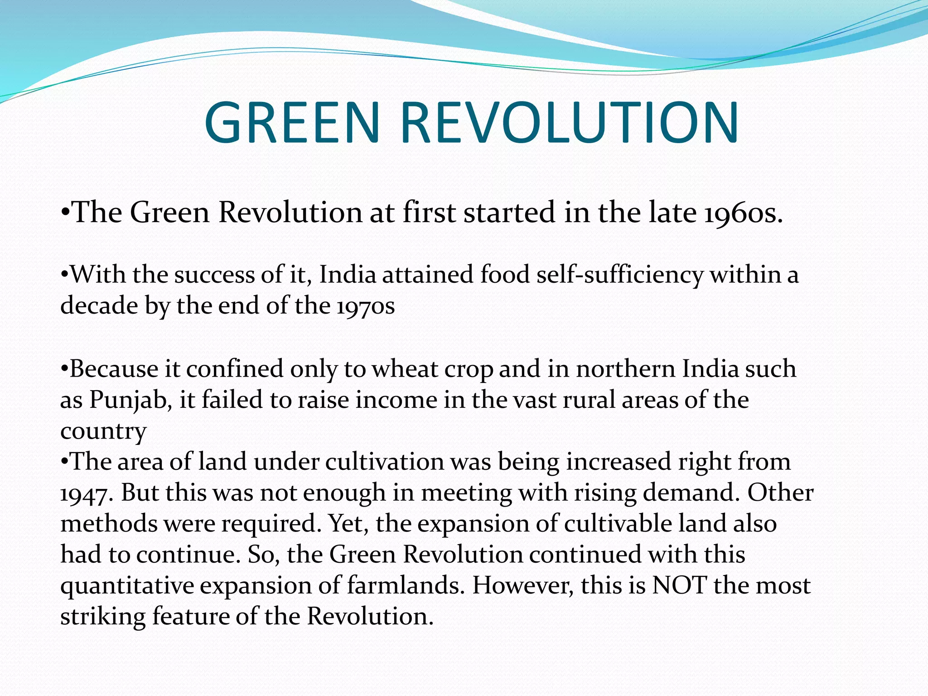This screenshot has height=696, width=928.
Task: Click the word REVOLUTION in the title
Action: (x=570, y=123)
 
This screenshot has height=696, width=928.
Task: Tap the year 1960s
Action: (x=743, y=213)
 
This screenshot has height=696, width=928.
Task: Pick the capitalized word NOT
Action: (x=679, y=585)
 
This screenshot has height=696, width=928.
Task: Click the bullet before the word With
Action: (x=65, y=275)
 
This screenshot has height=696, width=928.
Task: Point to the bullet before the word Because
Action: (x=65, y=369)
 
